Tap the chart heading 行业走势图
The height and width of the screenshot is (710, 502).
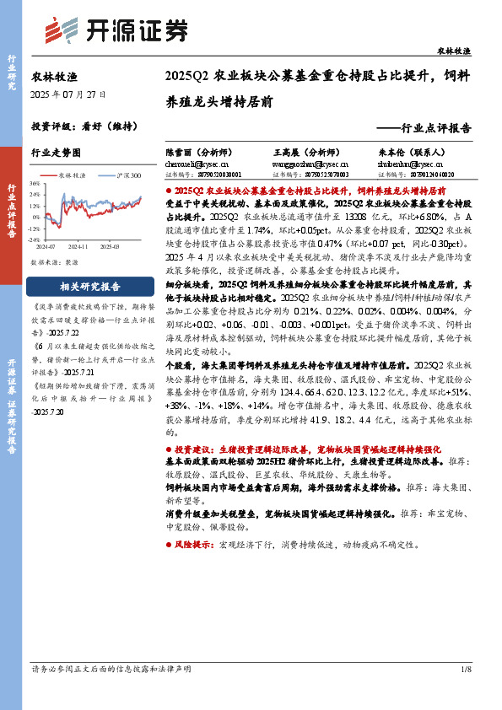click(56, 153)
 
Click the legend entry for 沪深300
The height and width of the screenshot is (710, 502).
click(127, 175)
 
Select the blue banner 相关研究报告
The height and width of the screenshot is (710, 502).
click(90, 286)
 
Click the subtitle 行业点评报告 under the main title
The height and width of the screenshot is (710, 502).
click(429, 128)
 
